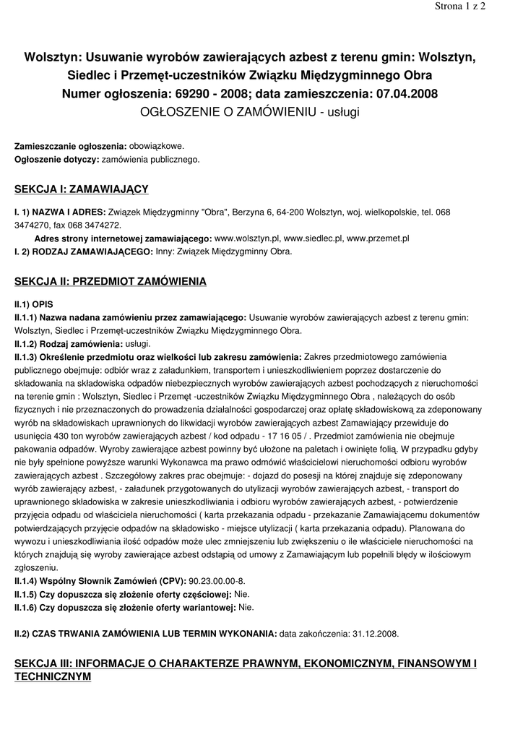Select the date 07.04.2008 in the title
click(x=405, y=94)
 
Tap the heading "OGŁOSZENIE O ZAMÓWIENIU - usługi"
click(x=261, y=112)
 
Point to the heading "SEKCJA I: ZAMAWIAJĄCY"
click(x=82, y=189)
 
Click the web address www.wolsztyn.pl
click(x=247, y=238)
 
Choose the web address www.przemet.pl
click(x=378, y=238)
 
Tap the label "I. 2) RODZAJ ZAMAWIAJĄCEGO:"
click(x=84, y=251)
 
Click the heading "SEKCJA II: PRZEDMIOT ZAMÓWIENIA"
click(x=111, y=281)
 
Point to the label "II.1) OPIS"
click(x=34, y=304)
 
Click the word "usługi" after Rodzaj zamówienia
click(x=138, y=344)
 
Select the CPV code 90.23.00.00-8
click(x=217, y=581)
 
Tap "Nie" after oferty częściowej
click(x=242, y=594)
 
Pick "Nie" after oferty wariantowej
click(x=246, y=607)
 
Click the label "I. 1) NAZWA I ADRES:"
click(x=59, y=212)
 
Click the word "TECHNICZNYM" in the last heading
click(x=53, y=677)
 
